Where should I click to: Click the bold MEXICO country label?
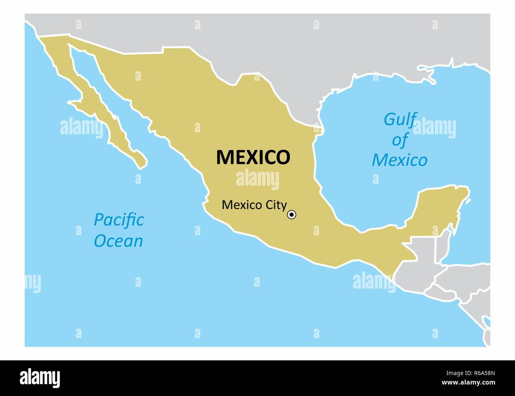[253, 157]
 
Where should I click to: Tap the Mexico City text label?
[254, 205]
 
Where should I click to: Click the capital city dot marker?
[292, 215]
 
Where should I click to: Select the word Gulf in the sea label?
[400, 119]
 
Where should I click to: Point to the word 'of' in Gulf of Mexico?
[400, 140]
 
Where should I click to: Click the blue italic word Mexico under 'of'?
[399, 160]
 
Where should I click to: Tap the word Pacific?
[119, 220]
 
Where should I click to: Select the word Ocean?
[118, 241]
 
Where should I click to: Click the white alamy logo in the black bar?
[40, 378]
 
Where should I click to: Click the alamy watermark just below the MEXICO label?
[257, 179]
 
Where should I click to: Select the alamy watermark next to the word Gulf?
[435, 128]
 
